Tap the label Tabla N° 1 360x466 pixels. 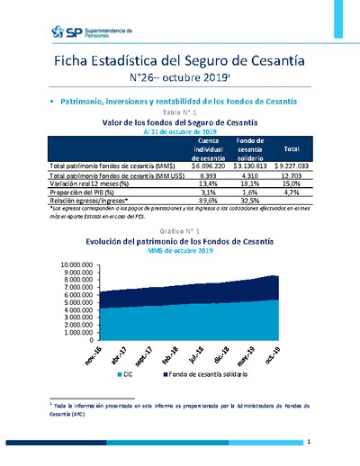point(180,111)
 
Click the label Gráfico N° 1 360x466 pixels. point(180,232)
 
